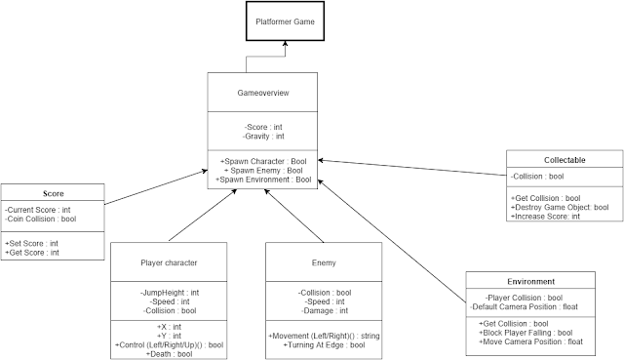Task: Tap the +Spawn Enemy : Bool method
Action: pos(263,169)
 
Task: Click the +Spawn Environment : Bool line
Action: pos(263,180)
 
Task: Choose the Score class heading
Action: pos(54,193)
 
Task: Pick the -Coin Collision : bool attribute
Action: pos(41,219)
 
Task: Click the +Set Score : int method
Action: pos(31,244)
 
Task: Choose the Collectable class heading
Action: pos(565,159)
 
